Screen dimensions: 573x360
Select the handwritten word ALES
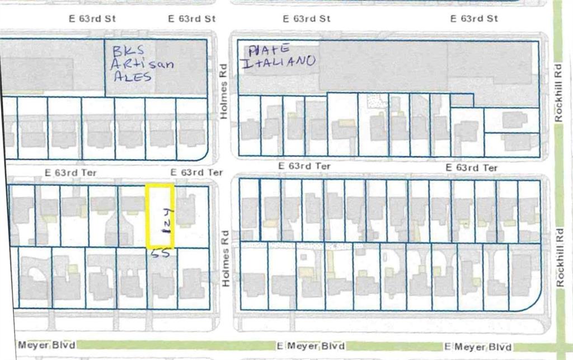pyautogui.click(x=132, y=77)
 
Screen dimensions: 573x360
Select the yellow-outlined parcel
pyautogui.click(x=161, y=216)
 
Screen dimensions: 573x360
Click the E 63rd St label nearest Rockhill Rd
pyautogui.click(x=474, y=18)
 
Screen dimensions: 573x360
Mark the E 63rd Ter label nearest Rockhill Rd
pyautogui.click(x=472, y=167)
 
